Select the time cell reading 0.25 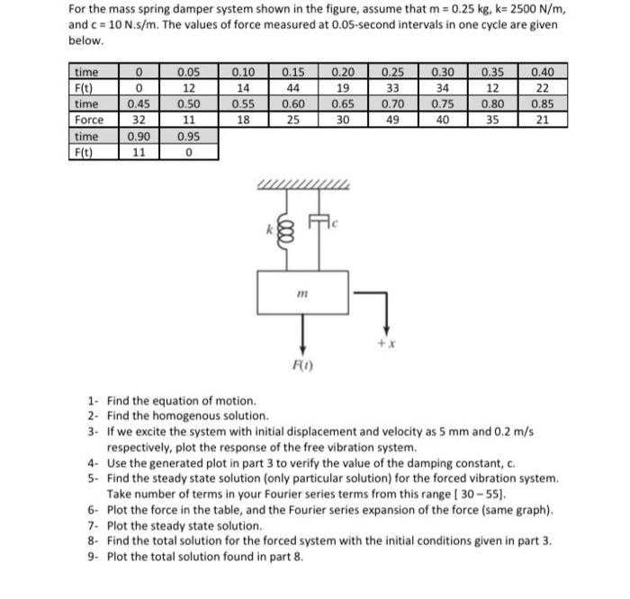click(x=392, y=71)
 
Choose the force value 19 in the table click(x=343, y=87)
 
